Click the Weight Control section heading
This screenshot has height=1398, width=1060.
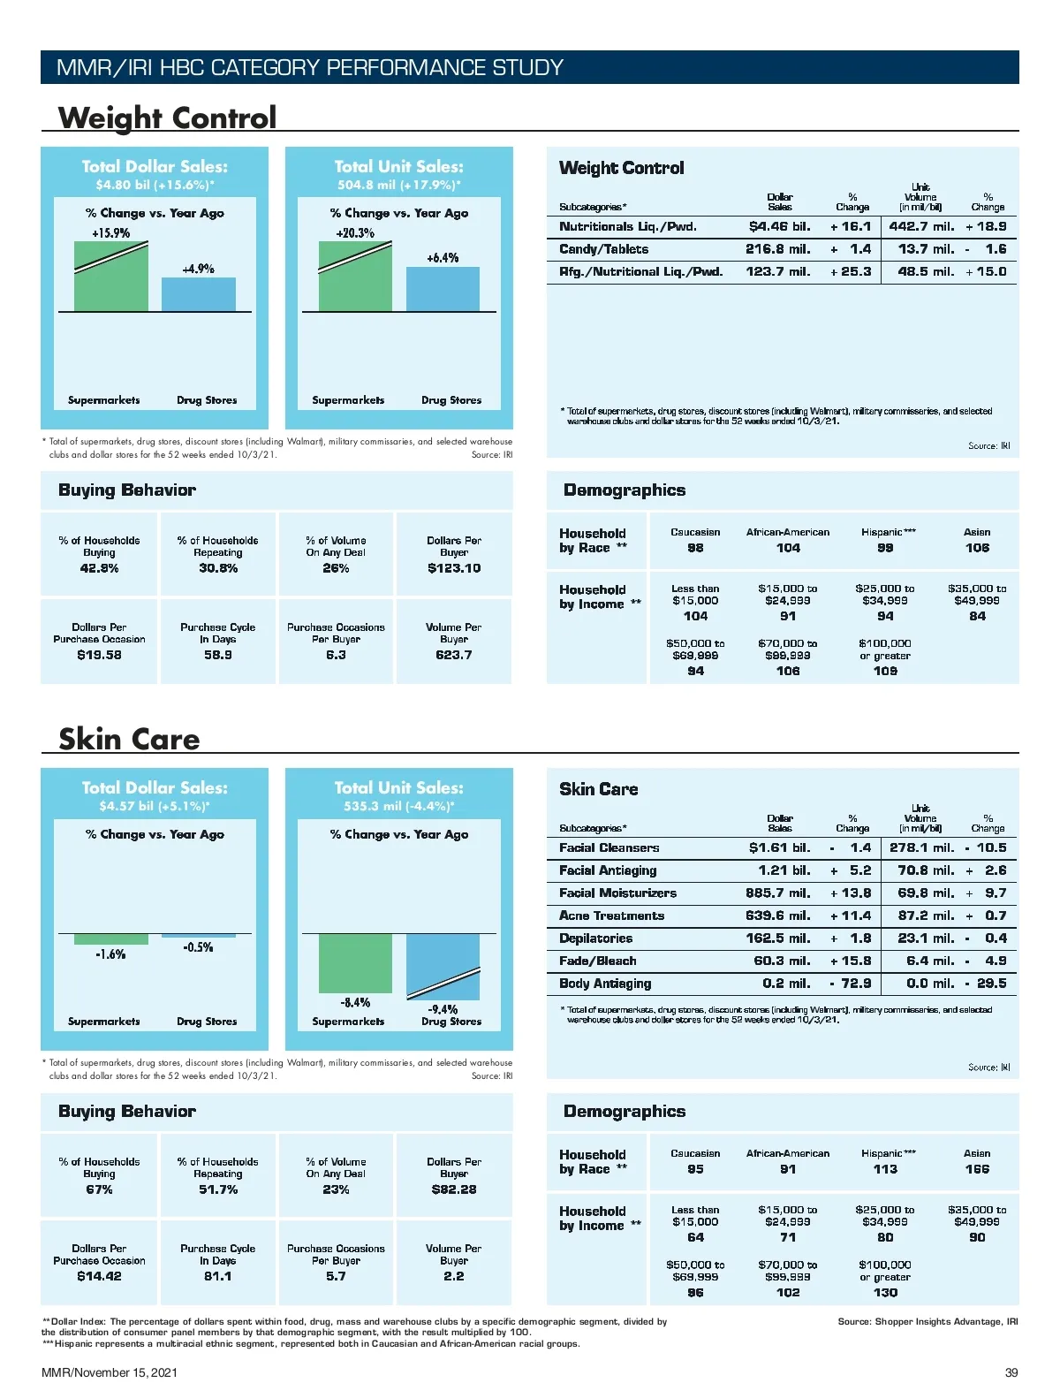[x=167, y=118]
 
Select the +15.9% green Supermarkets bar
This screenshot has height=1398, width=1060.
[x=110, y=277]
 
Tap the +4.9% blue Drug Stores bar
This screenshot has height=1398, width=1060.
[x=198, y=295]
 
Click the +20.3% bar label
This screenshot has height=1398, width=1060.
[x=354, y=233]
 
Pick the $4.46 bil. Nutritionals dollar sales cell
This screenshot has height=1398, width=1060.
[x=779, y=227]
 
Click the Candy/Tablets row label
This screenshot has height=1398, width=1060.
[x=603, y=249]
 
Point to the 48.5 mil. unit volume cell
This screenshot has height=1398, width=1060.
[x=926, y=272]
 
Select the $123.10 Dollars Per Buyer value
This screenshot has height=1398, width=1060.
[x=454, y=568]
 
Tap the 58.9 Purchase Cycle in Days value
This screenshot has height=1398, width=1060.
[x=217, y=655]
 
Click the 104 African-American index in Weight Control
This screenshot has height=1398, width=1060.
[x=788, y=548]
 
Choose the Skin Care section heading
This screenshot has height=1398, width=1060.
[x=129, y=739]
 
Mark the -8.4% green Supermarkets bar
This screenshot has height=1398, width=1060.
[x=355, y=963]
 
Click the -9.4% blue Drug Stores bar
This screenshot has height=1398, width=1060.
[x=443, y=967]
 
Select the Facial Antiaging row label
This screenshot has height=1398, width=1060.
[x=608, y=870]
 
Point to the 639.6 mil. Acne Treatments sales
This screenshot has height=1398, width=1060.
[x=777, y=916]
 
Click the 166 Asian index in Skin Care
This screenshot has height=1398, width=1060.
[x=977, y=1169]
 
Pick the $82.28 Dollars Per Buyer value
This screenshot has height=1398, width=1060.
[x=454, y=1189]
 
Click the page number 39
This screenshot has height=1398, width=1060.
[x=1011, y=1372]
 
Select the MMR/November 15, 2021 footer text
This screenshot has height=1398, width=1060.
[x=110, y=1372]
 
